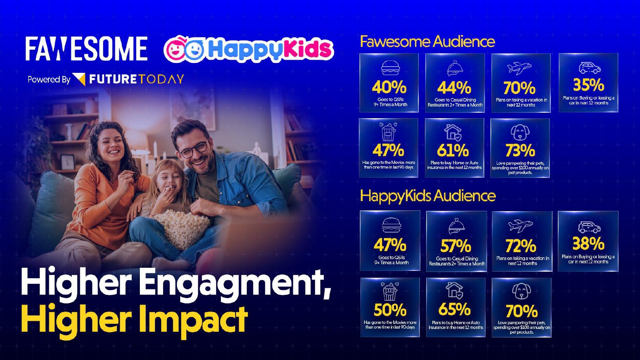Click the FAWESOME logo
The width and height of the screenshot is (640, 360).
pyautogui.click(x=86, y=48)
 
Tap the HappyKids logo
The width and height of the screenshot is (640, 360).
pyautogui.click(x=249, y=49)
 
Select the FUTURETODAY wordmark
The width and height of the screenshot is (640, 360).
pyautogui.click(x=136, y=79)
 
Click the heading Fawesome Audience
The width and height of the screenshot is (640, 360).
pyautogui.click(x=427, y=42)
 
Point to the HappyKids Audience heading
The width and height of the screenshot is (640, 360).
pyautogui.click(x=428, y=196)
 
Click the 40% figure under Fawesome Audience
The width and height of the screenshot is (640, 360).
pyautogui.click(x=389, y=87)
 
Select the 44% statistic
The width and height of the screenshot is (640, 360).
pyautogui.click(x=454, y=88)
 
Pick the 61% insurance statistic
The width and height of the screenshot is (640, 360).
pyautogui.click(x=453, y=150)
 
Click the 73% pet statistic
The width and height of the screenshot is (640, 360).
pyautogui.click(x=520, y=150)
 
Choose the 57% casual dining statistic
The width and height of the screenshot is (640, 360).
pyautogui.click(x=456, y=246)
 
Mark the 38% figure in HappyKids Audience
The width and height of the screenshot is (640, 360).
pyautogui.click(x=588, y=243)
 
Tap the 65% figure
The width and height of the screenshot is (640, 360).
pyautogui.click(x=454, y=309)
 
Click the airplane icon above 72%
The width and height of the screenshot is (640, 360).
pyautogui.click(x=521, y=226)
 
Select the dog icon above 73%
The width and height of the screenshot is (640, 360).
pyautogui.click(x=520, y=132)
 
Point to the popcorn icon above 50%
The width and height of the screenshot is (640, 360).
pyautogui.click(x=390, y=291)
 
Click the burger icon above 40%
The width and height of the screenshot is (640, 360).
pyautogui.click(x=391, y=68)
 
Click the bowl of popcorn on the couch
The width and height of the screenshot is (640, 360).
pyautogui.click(x=182, y=227)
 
